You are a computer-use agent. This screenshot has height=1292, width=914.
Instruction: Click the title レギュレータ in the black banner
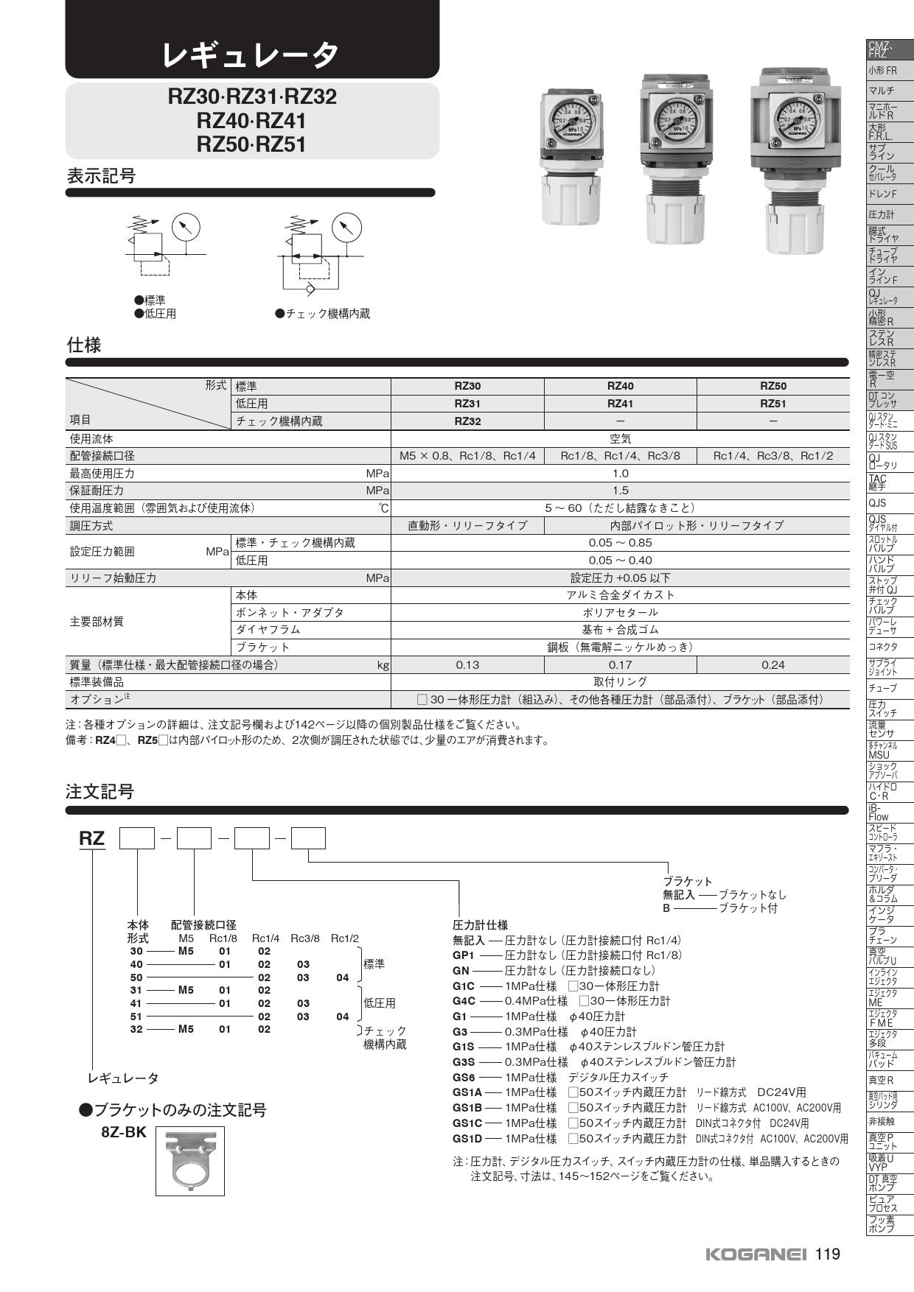(x=251, y=53)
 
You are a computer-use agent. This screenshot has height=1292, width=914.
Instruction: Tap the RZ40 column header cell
(x=620, y=386)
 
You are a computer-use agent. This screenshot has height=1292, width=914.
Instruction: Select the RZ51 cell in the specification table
(x=772, y=404)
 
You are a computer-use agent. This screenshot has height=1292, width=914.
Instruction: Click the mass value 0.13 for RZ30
(x=467, y=664)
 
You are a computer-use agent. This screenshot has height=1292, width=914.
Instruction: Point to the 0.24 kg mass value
(x=772, y=664)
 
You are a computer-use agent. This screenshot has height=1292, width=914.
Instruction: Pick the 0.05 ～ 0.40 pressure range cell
(x=620, y=561)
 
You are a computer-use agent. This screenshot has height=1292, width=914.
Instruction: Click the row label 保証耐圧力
(x=97, y=491)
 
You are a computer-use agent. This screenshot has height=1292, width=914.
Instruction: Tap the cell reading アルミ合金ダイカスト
(x=620, y=595)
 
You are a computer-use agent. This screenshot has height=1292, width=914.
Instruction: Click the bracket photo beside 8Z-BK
(x=189, y=1160)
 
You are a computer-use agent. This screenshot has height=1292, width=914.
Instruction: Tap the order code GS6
(x=464, y=1077)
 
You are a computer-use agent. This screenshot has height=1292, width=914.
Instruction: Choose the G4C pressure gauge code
(x=464, y=1001)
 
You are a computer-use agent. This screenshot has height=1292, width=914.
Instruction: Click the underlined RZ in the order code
(x=92, y=839)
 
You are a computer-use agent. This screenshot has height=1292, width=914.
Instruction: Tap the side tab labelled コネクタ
(x=882, y=647)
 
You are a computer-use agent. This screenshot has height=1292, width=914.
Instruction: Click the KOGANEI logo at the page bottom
(x=756, y=1254)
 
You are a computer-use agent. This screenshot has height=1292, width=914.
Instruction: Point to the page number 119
(x=828, y=1254)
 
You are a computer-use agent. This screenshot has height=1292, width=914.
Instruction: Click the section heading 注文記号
(x=100, y=792)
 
